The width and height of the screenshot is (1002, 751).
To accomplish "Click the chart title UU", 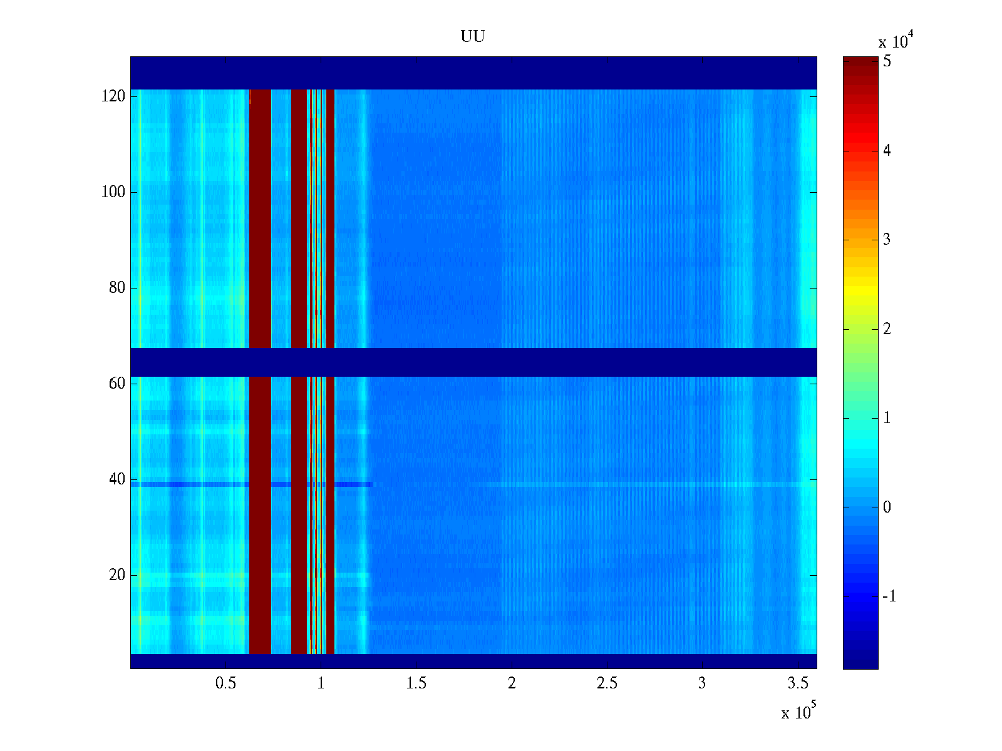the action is pos(472,36).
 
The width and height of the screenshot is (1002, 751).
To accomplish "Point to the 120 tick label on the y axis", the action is pos(113,96).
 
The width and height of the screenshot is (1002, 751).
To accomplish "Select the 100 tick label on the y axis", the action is pos(113,192).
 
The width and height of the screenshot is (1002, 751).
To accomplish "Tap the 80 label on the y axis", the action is pos(117,288).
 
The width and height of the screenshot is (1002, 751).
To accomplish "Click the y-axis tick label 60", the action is pos(117,384).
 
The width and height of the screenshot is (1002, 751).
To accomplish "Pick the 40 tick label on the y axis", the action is pos(117,479).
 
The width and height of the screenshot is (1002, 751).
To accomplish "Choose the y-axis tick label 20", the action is pos(117,575).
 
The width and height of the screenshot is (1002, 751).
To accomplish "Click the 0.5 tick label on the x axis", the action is pos(225,683).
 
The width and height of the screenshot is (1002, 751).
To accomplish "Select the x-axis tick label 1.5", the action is pos(416,683).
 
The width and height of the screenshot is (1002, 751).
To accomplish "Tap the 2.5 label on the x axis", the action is pos(607,683).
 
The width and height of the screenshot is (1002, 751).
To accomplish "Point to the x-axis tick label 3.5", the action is pos(798,683).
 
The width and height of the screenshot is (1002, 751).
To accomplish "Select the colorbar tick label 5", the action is pos(887,61).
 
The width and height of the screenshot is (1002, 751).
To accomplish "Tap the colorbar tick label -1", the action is pos(889,596).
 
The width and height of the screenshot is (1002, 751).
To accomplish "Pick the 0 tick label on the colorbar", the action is pos(887,507).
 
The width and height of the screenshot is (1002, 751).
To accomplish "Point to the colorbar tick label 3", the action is pos(887,240).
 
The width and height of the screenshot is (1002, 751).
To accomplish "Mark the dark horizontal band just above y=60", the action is pos(473,362).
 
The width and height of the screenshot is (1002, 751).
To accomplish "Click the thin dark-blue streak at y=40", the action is pos(252,484).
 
